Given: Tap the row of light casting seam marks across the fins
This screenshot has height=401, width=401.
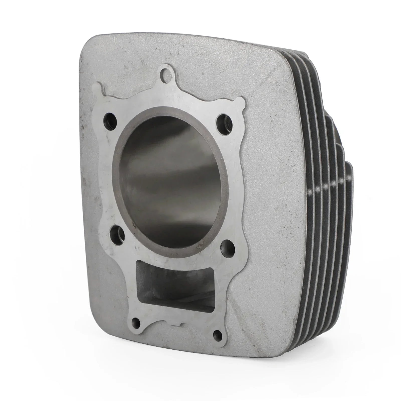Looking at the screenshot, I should tap(328, 187).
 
